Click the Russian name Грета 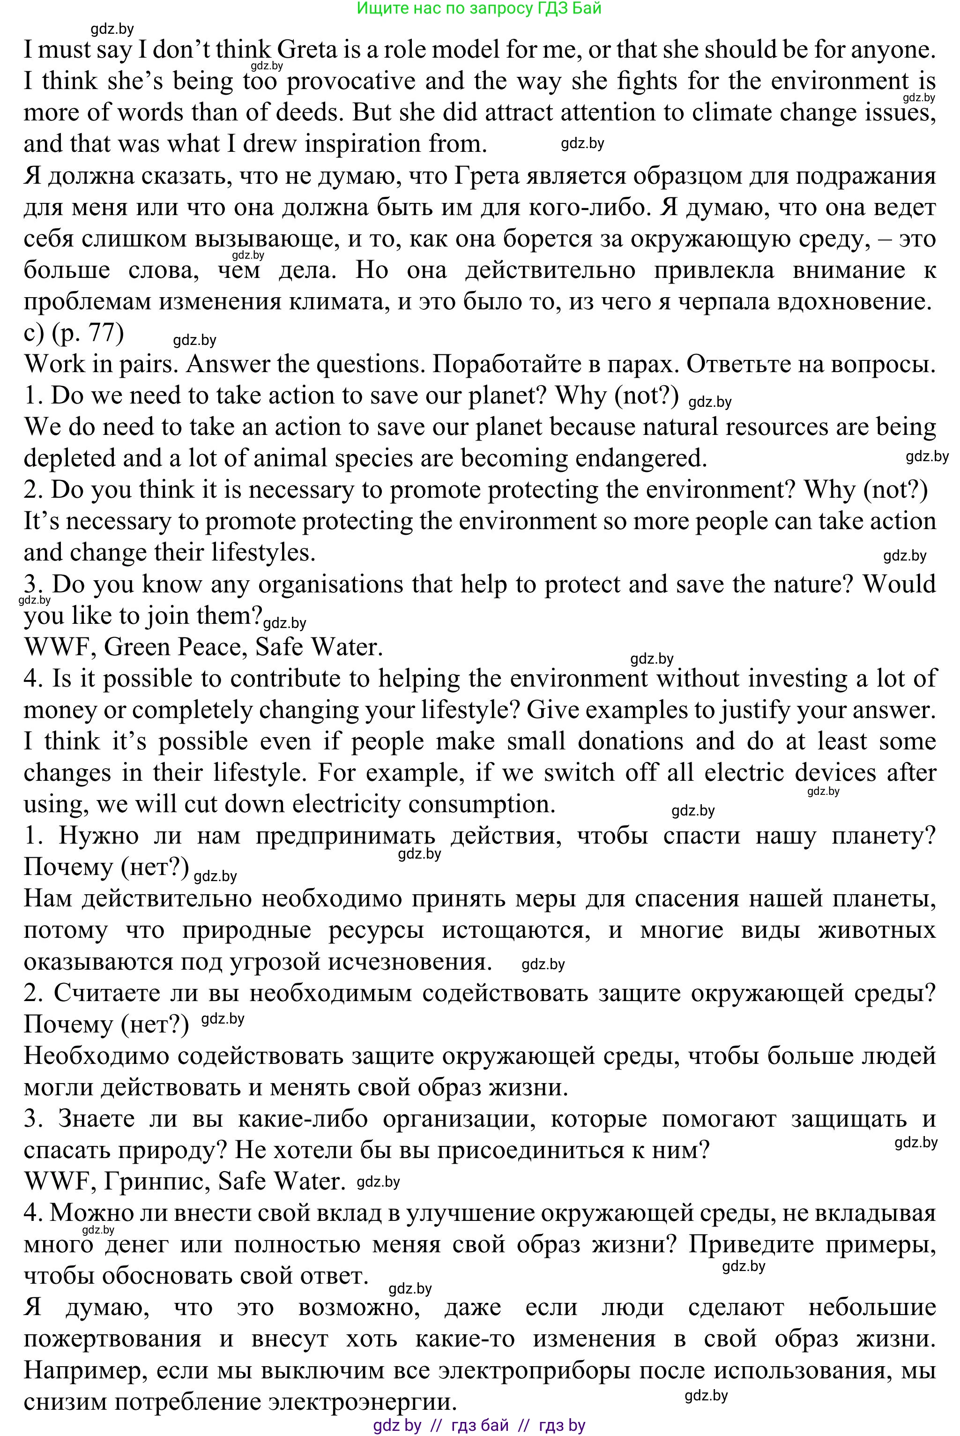click(x=487, y=176)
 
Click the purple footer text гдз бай click(x=479, y=1426)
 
